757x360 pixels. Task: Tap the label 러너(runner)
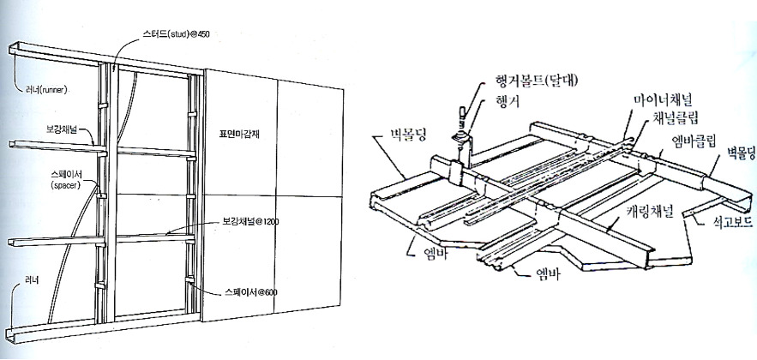41,88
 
